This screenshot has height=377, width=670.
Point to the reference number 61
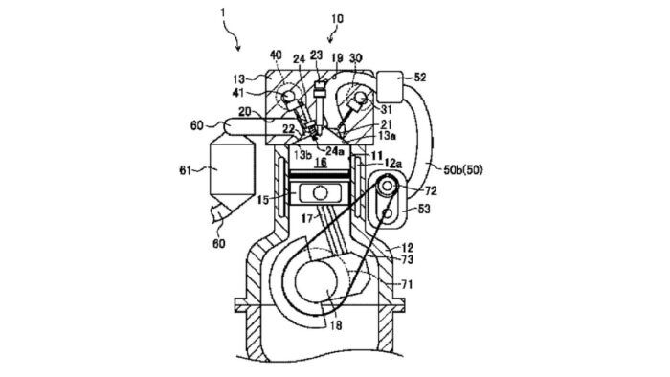point(183,171)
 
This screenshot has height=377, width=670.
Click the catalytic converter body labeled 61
point(227,171)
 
